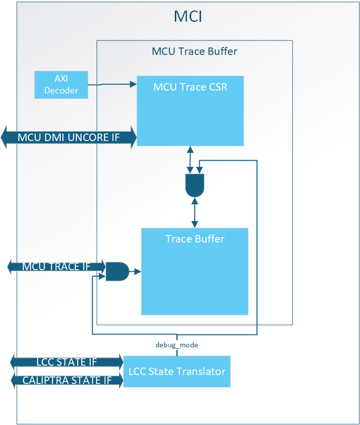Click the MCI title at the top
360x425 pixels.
(188, 16)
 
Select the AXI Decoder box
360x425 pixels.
(61, 85)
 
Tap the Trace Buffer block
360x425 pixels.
(195, 271)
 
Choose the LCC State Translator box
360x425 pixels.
(177, 372)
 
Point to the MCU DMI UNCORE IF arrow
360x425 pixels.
(69, 137)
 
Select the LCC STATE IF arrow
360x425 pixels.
(67, 362)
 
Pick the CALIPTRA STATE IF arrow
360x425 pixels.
(67, 380)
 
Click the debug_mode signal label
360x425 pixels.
(177, 345)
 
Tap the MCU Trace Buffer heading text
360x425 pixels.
(194, 51)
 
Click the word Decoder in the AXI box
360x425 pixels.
(61, 90)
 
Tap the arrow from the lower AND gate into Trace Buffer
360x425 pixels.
(135, 271)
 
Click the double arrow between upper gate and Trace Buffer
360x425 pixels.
(195, 213)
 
